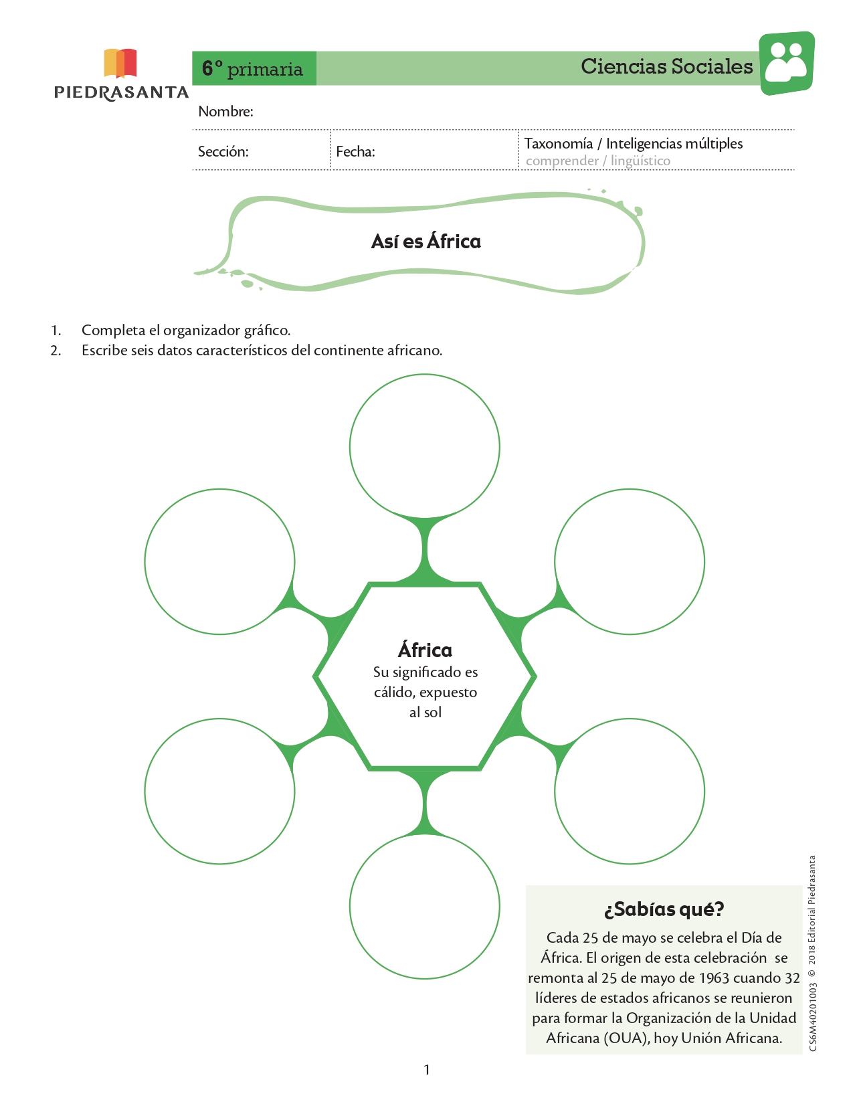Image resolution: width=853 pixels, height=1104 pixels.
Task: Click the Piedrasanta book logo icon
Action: click(120, 63)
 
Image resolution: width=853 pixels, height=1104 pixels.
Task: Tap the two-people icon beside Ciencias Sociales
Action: click(787, 63)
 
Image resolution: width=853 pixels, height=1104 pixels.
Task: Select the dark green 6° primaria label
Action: click(254, 68)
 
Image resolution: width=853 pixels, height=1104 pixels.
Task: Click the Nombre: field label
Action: click(225, 111)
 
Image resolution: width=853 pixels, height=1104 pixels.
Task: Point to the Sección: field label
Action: click(223, 151)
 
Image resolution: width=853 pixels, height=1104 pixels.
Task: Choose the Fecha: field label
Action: click(355, 151)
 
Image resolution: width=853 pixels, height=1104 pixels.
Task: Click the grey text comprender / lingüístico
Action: click(598, 161)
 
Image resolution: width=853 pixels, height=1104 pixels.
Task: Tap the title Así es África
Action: click(425, 242)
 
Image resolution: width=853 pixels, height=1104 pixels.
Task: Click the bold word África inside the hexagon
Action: click(425, 650)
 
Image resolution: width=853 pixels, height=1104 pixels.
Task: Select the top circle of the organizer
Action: click(425, 375)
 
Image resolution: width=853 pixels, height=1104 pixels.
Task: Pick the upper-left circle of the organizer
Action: click(219, 490)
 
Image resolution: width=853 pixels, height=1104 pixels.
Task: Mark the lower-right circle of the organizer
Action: click(630, 719)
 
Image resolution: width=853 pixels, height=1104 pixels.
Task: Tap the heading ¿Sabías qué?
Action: click(664, 909)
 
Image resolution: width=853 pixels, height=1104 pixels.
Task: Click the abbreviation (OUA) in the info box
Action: click(626, 1038)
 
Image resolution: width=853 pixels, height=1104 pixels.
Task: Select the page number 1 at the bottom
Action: click(427, 1070)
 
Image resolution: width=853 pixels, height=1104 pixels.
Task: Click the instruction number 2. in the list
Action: click(56, 351)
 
